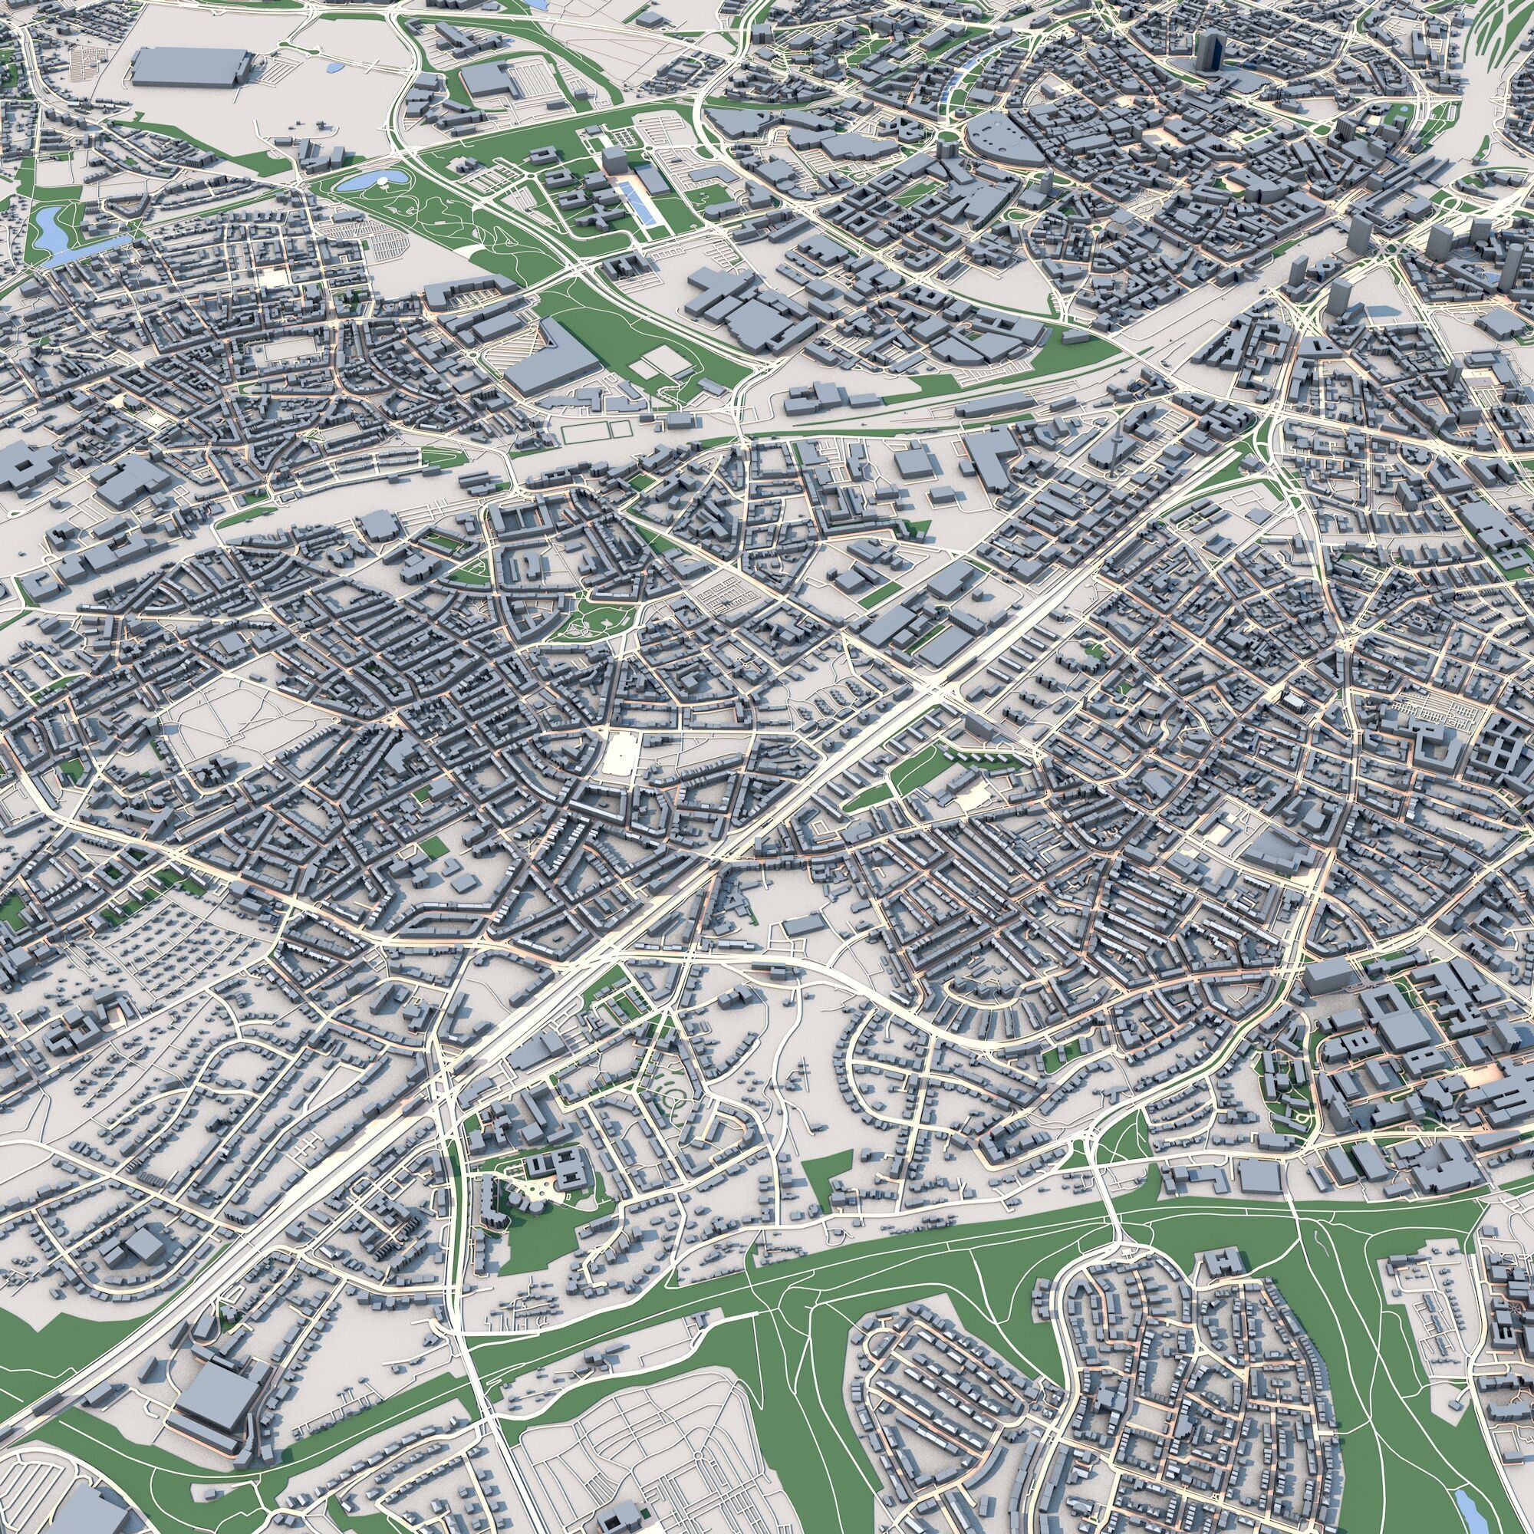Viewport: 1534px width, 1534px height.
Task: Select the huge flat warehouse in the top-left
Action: [x=188, y=66]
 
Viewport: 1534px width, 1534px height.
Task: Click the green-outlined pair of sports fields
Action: [x=595, y=431]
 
